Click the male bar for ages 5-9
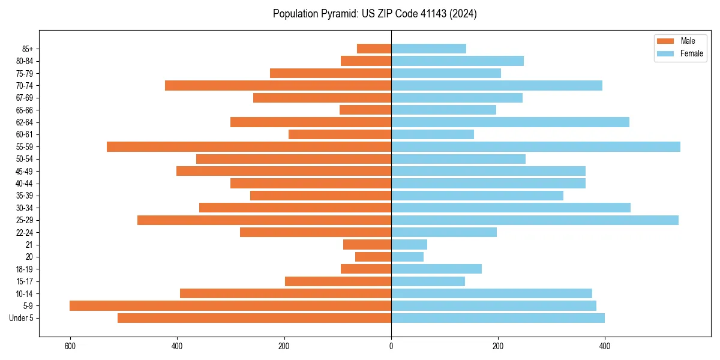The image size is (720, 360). tap(230, 306)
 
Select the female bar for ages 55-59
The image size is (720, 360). tap(536, 147)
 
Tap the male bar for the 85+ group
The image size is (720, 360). tap(374, 49)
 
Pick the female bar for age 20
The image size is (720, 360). tap(407, 257)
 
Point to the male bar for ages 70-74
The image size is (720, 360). tap(278, 86)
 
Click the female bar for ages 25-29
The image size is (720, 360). tap(535, 220)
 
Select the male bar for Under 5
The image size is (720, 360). tap(254, 318)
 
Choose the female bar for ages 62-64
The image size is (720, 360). tap(510, 122)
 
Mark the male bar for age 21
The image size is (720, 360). tap(367, 245)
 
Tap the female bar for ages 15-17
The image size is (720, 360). tap(428, 281)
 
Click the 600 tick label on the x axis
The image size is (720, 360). tap(71, 346)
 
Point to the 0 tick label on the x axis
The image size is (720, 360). tap(391, 346)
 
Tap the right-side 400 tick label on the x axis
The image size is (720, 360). tap(605, 346)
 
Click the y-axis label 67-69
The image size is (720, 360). tap(24, 98)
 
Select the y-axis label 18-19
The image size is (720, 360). tap(24, 269)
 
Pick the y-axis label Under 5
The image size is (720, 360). tap(22, 318)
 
